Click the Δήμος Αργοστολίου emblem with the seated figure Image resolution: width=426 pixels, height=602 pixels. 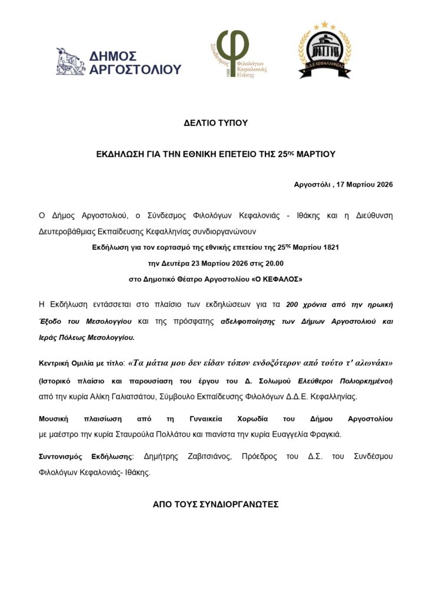[71, 61]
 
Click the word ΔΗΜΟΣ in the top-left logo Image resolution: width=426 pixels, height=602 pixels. [113, 56]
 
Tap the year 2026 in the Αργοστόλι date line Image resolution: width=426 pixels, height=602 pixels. [382, 185]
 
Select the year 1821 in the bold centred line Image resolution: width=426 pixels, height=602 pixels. [329, 248]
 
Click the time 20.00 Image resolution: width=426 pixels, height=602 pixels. [274, 263]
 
